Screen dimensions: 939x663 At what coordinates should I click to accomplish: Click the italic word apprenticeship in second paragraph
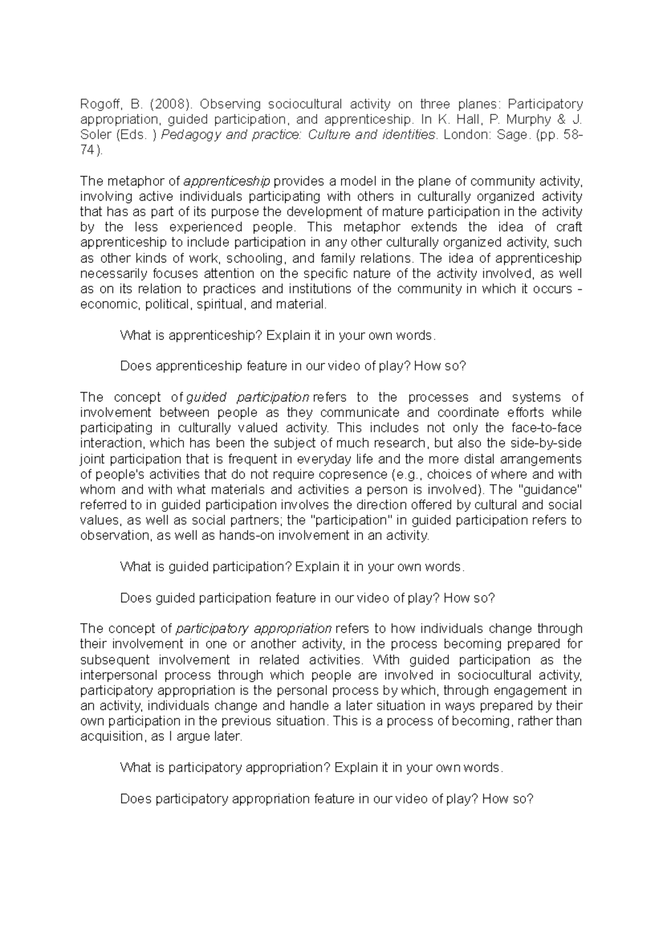(x=226, y=181)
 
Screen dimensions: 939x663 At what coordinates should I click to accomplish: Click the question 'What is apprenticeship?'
(x=191, y=336)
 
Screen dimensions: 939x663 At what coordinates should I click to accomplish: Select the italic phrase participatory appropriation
(x=254, y=629)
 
